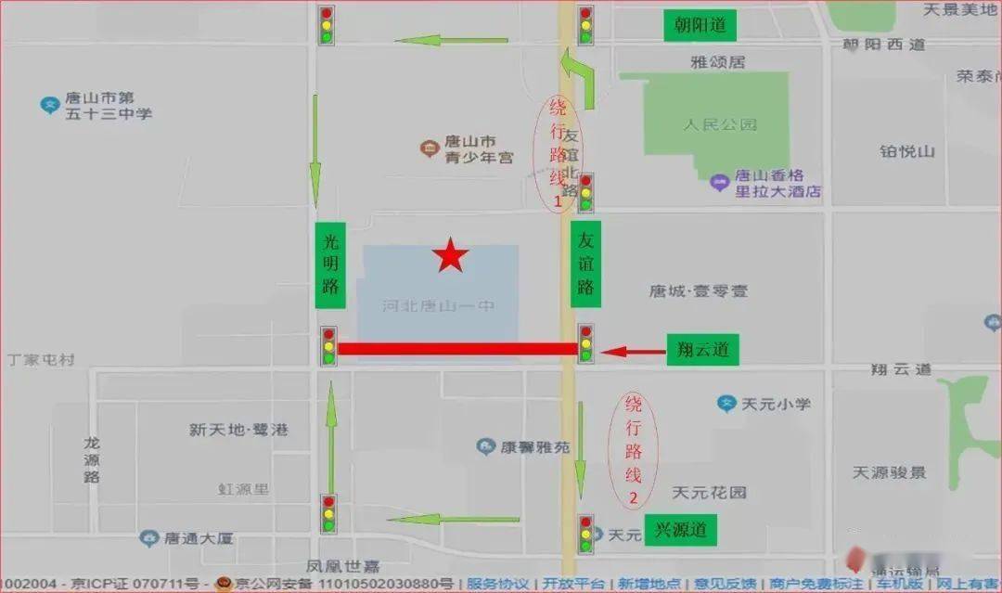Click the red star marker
pyautogui.click(x=450, y=255)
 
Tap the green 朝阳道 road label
pyautogui.click(x=700, y=25)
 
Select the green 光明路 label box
pyautogui.click(x=329, y=265)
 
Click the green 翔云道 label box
pyautogui.click(x=702, y=350)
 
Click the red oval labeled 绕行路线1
pyautogui.click(x=558, y=152)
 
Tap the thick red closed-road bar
pyautogui.click(x=456, y=349)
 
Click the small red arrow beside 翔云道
pyautogui.click(x=626, y=352)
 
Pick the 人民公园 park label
pyautogui.click(x=720, y=124)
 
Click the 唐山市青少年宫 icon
pyautogui.click(x=429, y=148)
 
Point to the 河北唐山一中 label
pyautogui.click(x=439, y=305)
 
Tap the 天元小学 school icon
pyautogui.click(x=727, y=403)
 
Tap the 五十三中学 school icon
pyautogui.click(x=50, y=105)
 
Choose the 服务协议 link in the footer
pyautogui.click(x=499, y=584)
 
